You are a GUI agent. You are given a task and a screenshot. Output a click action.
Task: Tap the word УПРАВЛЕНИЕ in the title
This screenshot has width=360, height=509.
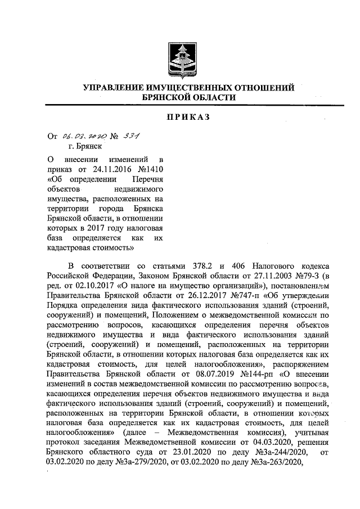click(114, 88)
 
